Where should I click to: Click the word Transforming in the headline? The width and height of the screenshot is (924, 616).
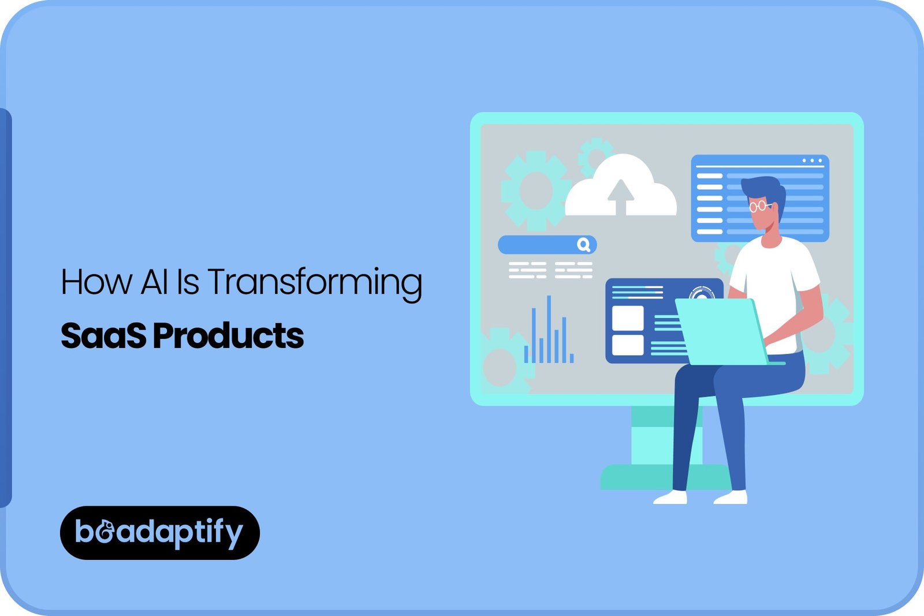coord(315,282)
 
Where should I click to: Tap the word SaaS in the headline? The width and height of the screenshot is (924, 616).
coord(103,336)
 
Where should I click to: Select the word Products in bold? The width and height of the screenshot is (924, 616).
coord(228,336)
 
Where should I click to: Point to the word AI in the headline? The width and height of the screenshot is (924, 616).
coord(154,282)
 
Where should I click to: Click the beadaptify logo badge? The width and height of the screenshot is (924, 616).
coord(159,532)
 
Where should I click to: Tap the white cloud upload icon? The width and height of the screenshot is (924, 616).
coord(621,188)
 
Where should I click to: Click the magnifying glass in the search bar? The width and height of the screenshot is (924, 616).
coord(584,245)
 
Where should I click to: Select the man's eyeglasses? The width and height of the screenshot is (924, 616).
coord(759,206)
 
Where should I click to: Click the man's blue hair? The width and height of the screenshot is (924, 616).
coord(765,188)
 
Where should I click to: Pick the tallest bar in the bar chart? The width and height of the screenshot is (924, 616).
coord(549,329)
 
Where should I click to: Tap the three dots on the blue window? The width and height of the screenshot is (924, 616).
coord(812,160)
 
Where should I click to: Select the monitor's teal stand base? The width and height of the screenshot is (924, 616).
coord(635,478)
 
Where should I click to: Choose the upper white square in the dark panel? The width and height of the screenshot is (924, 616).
coord(627,318)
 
